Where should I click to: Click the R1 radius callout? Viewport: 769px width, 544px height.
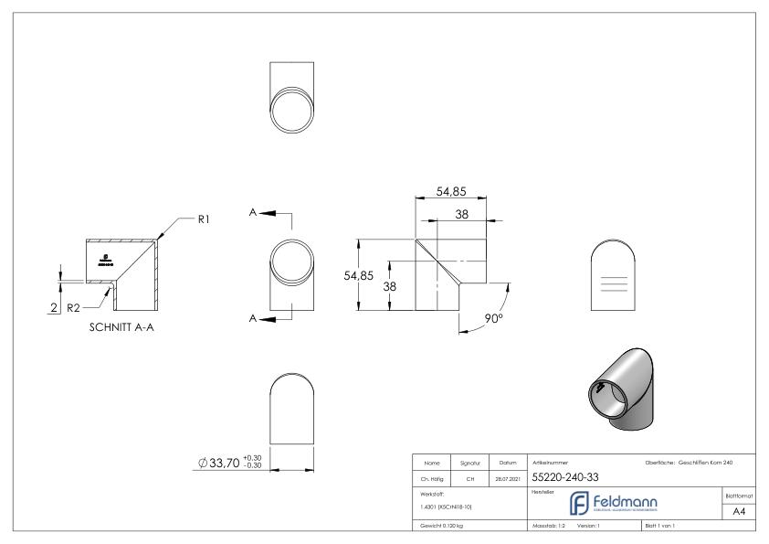click(x=205, y=219)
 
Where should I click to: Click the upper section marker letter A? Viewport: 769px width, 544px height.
click(x=253, y=212)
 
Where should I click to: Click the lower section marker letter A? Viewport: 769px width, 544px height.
click(x=253, y=318)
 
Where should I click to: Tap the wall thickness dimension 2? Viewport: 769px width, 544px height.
click(x=55, y=308)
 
